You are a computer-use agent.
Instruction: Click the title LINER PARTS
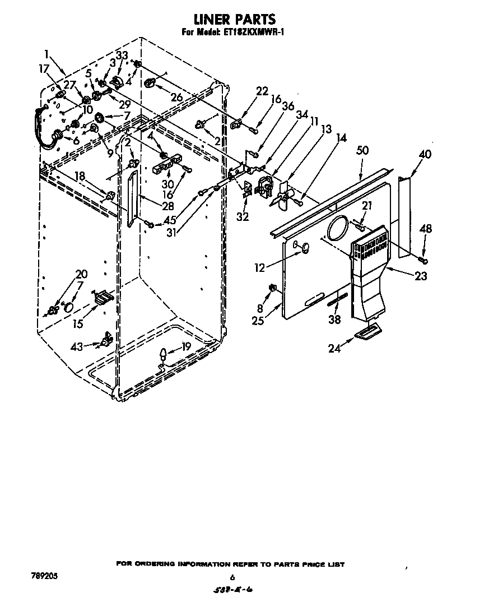coord(234,21)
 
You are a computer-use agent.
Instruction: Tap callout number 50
coord(362,150)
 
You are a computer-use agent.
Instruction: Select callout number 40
coord(425,154)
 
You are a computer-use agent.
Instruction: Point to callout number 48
coord(426,229)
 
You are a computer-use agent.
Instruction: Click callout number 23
coord(421,276)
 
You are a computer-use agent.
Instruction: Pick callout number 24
coord(334,348)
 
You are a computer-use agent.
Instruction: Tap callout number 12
coord(259,268)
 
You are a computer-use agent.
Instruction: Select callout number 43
coord(77,347)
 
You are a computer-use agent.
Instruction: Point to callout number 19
coord(186,346)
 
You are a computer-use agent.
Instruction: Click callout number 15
coord(78,323)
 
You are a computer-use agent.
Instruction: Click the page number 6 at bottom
coord(231,577)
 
